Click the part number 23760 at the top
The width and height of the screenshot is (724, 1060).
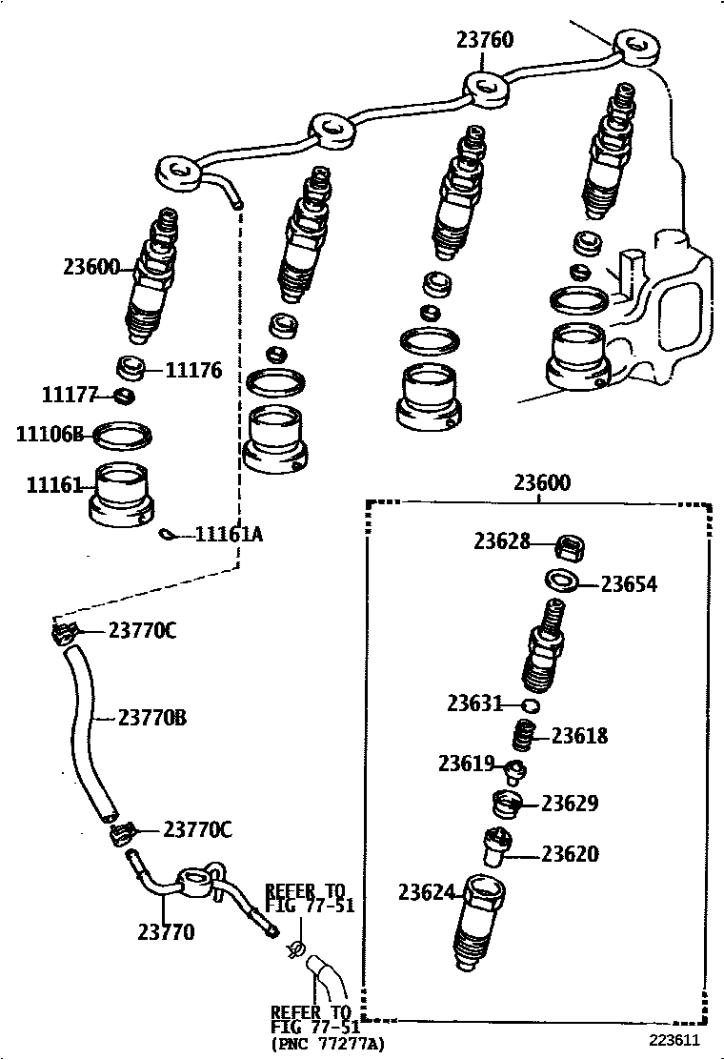click(x=484, y=40)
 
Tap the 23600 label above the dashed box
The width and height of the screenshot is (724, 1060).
click(x=541, y=483)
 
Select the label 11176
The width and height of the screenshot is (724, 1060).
click(x=193, y=370)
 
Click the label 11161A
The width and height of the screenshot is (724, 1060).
click(x=228, y=535)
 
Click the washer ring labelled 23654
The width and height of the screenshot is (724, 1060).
click(x=559, y=581)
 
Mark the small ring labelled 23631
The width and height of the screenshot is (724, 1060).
click(x=532, y=705)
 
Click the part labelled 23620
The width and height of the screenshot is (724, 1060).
click(x=497, y=846)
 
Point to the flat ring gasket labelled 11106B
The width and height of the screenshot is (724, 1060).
click(x=123, y=435)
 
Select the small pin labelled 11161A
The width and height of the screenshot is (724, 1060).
click(x=169, y=535)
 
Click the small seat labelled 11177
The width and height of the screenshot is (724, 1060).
click(x=123, y=396)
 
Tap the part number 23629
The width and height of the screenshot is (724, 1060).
click(x=570, y=804)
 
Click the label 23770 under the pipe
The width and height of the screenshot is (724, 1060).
click(x=166, y=931)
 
